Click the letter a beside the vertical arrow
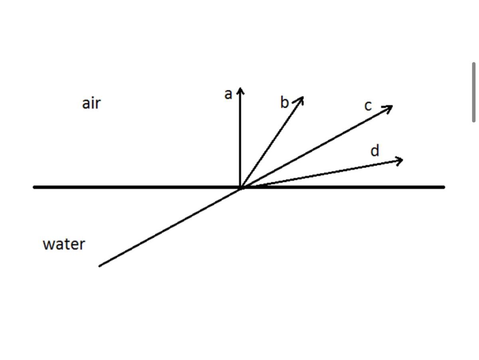click(x=228, y=95)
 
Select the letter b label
click(x=284, y=103)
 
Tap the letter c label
click(x=368, y=106)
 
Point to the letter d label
click(x=374, y=151)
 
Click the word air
click(x=91, y=103)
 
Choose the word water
click(x=64, y=244)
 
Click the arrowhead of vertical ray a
click(x=240, y=89)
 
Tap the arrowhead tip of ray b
click(x=303, y=98)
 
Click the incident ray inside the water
click(x=170, y=227)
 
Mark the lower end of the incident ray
click(x=100, y=265)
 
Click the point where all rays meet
click(x=241, y=187)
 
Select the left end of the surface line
click(x=35, y=187)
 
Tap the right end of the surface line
click(x=443, y=187)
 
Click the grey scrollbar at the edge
click(x=473, y=92)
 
